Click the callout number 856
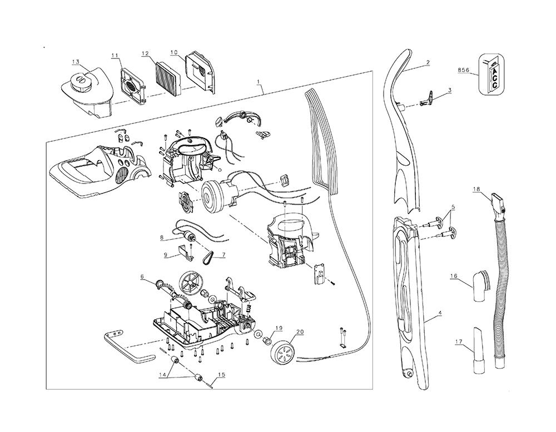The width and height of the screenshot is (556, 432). click(463, 70)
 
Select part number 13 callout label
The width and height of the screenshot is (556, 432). click(76, 61)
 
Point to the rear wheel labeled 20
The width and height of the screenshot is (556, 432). click(284, 351)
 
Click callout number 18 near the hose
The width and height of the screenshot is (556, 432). click(476, 190)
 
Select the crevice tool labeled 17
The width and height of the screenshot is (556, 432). click(479, 347)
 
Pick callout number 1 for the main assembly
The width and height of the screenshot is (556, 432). click(259, 81)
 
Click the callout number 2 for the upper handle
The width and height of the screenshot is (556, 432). click(427, 63)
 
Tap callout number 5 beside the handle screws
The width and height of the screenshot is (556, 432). click(453, 207)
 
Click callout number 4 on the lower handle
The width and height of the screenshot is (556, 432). click(440, 314)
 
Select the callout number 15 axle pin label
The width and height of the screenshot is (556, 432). click(221, 375)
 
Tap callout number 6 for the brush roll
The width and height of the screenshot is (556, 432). click(142, 277)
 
